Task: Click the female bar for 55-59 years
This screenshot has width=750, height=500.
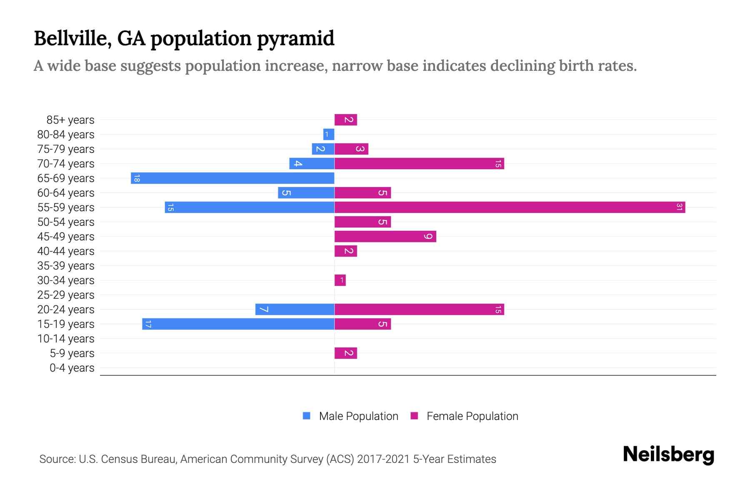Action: coord(510,207)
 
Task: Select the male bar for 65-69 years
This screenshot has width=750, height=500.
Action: coord(232,178)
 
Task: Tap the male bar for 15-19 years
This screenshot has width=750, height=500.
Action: coord(238,324)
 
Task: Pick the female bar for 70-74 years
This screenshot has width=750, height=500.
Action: coord(419,164)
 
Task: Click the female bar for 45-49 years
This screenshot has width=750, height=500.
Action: coord(385,237)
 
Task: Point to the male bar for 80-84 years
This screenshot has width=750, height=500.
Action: coord(329,135)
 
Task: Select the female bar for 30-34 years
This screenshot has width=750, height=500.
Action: coord(340,280)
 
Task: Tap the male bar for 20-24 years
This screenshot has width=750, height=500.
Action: coord(295,310)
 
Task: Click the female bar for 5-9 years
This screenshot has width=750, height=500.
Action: coord(345,353)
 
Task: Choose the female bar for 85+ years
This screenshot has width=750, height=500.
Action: coord(345,120)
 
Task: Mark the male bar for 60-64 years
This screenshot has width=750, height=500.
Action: coord(306,193)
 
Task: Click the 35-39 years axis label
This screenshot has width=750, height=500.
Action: coord(66,266)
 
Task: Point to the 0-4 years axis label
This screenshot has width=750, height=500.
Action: coord(72,368)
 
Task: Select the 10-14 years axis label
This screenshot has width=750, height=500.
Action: coord(66,339)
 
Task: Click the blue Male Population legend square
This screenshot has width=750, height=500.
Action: coord(307,416)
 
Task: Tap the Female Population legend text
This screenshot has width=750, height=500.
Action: coord(472,416)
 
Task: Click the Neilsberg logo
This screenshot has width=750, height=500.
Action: coord(668,455)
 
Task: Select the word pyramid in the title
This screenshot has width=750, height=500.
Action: coord(295,38)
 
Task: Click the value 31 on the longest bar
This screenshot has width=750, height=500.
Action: coord(679,207)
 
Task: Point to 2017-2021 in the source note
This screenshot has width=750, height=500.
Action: coord(383,459)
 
